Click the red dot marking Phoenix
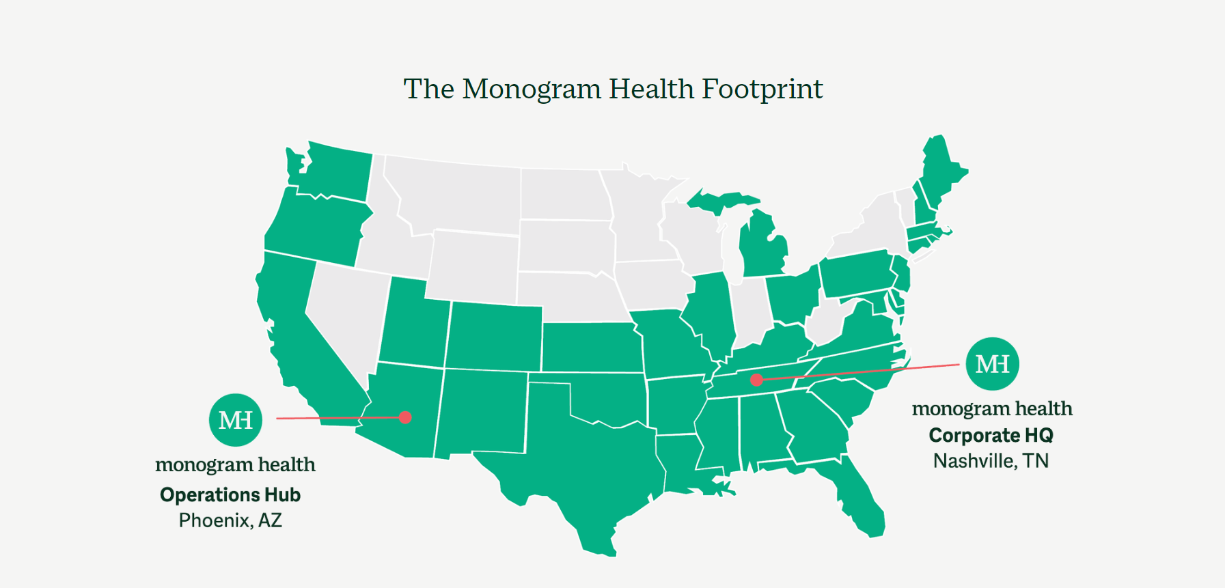pyautogui.click(x=405, y=417)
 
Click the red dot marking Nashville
pyautogui.click(x=756, y=380)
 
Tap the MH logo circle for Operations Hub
pyautogui.click(x=236, y=420)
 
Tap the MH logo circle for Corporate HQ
pyautogui.click(x=992, y=364)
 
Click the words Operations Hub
pyautogui.click(x=230, y=494)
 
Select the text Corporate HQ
pyautogui.click(x=991, y=435)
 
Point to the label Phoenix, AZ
pyautogui.click(x=230, y=520)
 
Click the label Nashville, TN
pyautogui.click(x=991, y=461)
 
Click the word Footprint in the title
pyautogui.click(x=762, y=89)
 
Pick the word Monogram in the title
pyautogui.click(x=532, y=89)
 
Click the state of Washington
pyautogui.click(x=335, y=171)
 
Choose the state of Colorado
pyautogui.click(x=494, y=337)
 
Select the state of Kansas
pyautogui.click(x=591, y=347)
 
